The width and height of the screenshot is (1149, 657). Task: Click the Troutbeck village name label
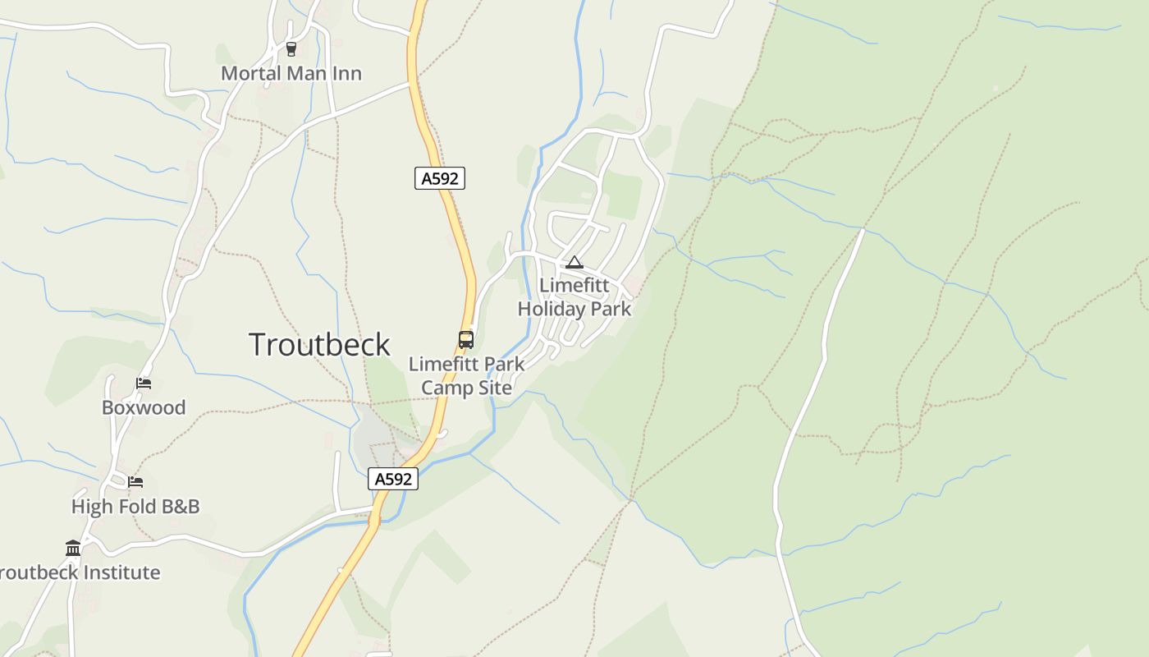tap(319, 345)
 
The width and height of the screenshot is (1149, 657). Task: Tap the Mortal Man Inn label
tap(291, 73)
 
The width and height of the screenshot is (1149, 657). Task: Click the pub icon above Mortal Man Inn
tap(291, 49)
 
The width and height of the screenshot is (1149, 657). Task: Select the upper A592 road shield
tap(440, 178)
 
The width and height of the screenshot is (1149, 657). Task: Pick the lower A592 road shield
tap(393, 479)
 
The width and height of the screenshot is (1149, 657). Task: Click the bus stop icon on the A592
tap(466, 339)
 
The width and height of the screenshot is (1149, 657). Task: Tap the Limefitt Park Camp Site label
tap(466, 375)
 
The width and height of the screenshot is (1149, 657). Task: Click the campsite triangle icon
tap(574, 263)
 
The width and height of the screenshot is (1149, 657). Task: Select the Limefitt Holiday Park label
tap(574, 297)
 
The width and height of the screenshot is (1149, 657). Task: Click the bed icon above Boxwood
tap(144, 383)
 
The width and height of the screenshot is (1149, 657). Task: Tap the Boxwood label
tap(144, 407)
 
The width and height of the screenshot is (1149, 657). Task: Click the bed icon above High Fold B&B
tap(135, 481)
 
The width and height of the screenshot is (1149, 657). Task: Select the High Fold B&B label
tap(135, 507)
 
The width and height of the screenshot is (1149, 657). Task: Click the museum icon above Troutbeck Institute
tap(73, 548)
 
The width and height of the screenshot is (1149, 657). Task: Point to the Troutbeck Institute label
tap(80, 572)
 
